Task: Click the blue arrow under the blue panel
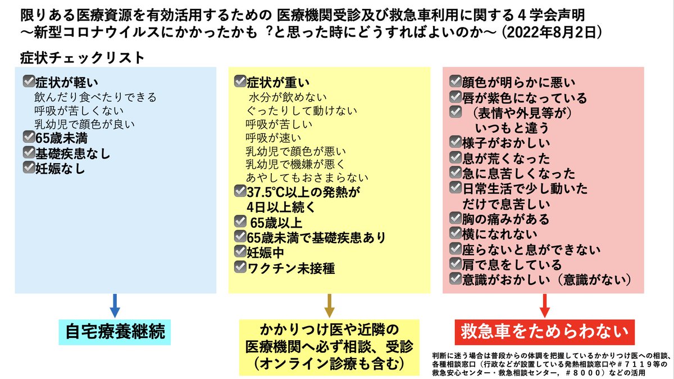coord(115,306)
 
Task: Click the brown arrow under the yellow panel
coord(329,306)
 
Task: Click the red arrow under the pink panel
coord(544,306)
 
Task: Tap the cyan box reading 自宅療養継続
coord(115,332)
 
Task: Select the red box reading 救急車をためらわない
coord(544,331)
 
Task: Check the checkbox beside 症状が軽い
coord(28,81)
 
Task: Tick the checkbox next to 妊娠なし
coord(28,167)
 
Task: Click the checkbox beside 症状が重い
coord(240,82)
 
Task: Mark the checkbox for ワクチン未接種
coord(240,268)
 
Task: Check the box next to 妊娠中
coord(240,252)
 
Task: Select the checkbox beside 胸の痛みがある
coord(455,219)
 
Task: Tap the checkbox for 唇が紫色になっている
coord(455,97)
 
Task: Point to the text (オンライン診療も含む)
coord(330,364)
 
